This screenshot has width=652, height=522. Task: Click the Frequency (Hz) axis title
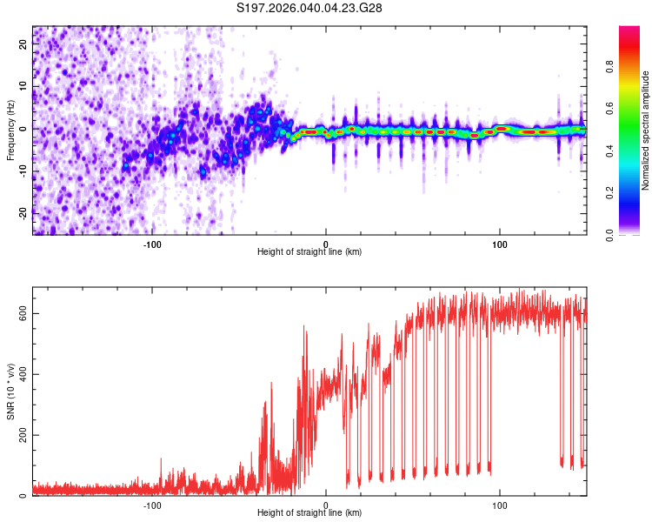tap(10, 130)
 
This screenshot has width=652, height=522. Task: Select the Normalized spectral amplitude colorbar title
tap(645, 130)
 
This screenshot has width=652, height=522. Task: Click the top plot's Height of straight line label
tap(309, 251)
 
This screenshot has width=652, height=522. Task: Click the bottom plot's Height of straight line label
tap(309, 512)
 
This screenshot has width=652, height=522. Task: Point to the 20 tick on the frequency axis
tap(23, 45)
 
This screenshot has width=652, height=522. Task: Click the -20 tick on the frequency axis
tap(23, 211)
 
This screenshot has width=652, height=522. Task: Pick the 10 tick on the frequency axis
tap(23, 87)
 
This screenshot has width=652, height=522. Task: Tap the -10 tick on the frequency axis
tap(23, 171)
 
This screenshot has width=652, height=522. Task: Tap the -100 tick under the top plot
tap(153, 243)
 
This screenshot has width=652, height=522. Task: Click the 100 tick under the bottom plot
tap(500, 504)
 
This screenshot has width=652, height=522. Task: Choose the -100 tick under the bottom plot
tap(153, 504)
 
